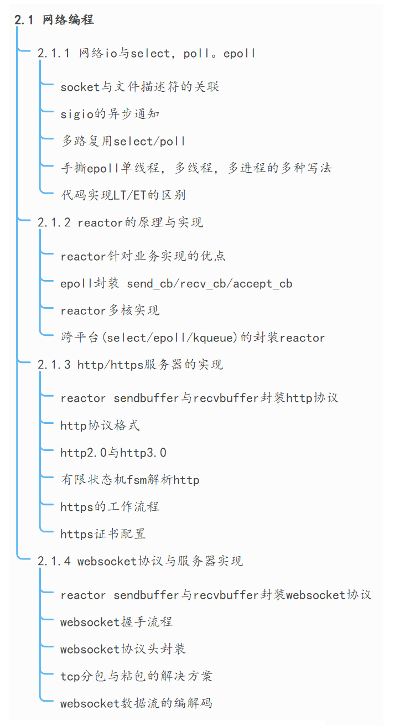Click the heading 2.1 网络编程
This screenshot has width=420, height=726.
click(x=54, y=20)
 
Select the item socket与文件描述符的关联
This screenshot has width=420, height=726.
click(x=139, y=86)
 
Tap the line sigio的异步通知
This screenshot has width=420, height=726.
click(x=110, y=114)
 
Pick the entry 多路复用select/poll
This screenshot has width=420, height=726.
click(x=123, y=141)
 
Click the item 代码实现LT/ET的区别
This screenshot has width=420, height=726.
click(x=123, y=195)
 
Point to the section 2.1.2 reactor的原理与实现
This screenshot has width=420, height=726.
click(x=120, y=222)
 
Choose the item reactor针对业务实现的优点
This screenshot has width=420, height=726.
click(x=143, y=256)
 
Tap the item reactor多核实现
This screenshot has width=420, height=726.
click(x=110, y=310)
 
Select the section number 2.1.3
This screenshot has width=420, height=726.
click(x=54, y=365)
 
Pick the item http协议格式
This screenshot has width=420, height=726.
click(x=100, y=425)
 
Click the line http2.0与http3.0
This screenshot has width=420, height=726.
click(x=113, y=453)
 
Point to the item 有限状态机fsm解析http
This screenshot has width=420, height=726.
click(x=129, y=480)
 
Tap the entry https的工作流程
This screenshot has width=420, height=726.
click(x=110, y=506)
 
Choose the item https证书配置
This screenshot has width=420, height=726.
click(x=103, y=534)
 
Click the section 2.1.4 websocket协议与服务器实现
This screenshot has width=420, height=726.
click(x=140, y=561)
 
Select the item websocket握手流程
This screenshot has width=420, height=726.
click(x=116, y=621)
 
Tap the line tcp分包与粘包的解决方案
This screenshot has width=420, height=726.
click(x=136, y=676)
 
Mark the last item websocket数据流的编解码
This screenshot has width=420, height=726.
click(x=136, y=703)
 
